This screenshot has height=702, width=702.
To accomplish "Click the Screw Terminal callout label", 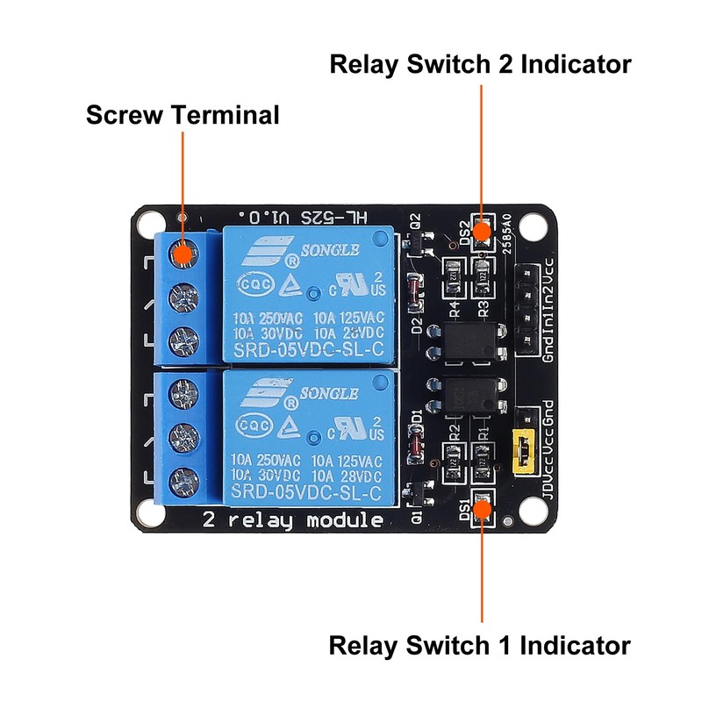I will click(x=183, y=115).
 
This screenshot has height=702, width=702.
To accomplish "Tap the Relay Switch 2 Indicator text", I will click(x=480, y=64).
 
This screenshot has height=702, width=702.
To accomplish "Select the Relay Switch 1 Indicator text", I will click(x=479, y=646).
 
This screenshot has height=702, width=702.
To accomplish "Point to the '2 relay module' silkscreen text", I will click(x=292, y=519).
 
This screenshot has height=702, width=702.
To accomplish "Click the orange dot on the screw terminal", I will click(x=183, y=254).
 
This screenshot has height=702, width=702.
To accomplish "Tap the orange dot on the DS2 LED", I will click(x=481, y=232).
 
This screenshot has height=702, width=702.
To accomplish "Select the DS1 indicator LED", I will click(x=482, y=506).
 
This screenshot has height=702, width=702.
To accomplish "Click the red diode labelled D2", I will click(x=414, y=289).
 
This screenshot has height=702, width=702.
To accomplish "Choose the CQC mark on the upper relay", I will click(x=253, y=287).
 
